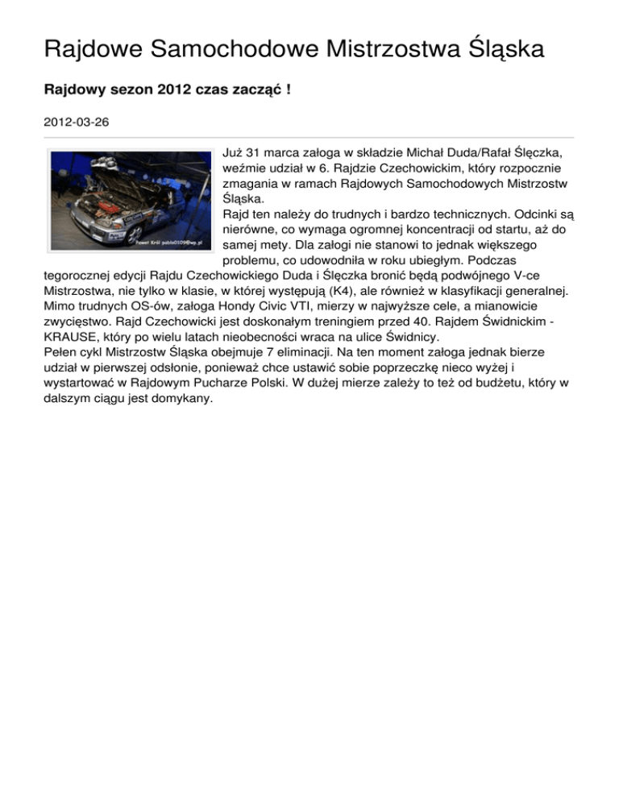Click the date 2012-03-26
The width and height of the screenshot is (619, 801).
pyautogui.click(x=76, y=122)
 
